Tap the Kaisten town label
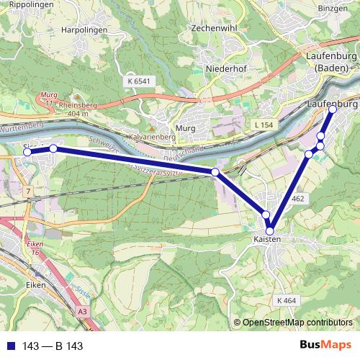pyautogui.click(x=266, y=239)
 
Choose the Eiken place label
pyautogui.click(x=35, y=285)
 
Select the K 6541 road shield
pyautogui.click(x=139, y=82)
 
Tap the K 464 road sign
pyautogui.click(x=286, y=299)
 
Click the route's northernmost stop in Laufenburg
pyautogui.click(x=333, y=110)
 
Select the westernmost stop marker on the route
pyautogui.click(x=28, y=152)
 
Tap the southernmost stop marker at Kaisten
pyautogui.click(x=270, y=231)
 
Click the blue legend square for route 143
pyautogui.click(x=9, y=346)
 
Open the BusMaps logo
pyautogui.click(x=325, y=345)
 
